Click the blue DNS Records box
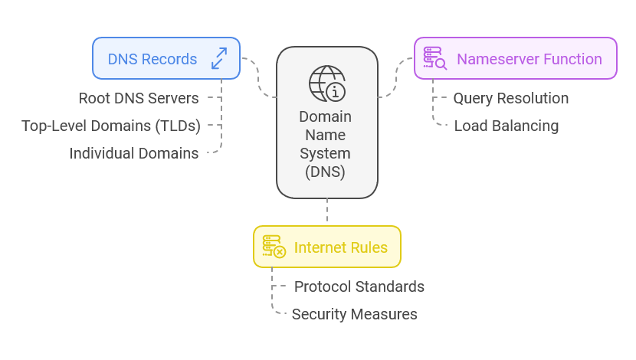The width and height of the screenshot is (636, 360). click(x=166, y=58)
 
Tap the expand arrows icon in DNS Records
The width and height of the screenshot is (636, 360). click(x=219, y=59)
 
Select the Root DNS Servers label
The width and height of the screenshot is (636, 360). click(x=139, y=98)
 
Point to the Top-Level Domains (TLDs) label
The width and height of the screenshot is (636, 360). click(x=111, y=126)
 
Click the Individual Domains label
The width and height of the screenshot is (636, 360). click(x=134, y=153)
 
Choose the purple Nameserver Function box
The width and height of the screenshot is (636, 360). click(x=515, y=58)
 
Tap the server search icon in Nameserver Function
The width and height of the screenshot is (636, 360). click(x=435, y=59)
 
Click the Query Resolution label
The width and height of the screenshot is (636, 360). click(x=510, y=98)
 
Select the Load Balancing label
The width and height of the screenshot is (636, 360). click(x=506, y=126)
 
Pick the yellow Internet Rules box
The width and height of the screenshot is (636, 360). click(x=326, y=247)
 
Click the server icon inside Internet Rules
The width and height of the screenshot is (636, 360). click(x=274, y=247)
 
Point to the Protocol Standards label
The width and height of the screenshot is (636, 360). click(x=359, y=286)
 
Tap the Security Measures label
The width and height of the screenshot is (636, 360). click(x=354, y=314)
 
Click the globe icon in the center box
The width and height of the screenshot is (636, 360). click(x=326, y=83)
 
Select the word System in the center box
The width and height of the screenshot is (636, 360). click(x=326, y=153)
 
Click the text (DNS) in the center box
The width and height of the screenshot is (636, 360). click(x=326, y=172)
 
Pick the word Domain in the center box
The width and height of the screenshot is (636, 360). click(x=326, y=116)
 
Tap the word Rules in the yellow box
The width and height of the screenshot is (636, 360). click(x=368, y=247)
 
